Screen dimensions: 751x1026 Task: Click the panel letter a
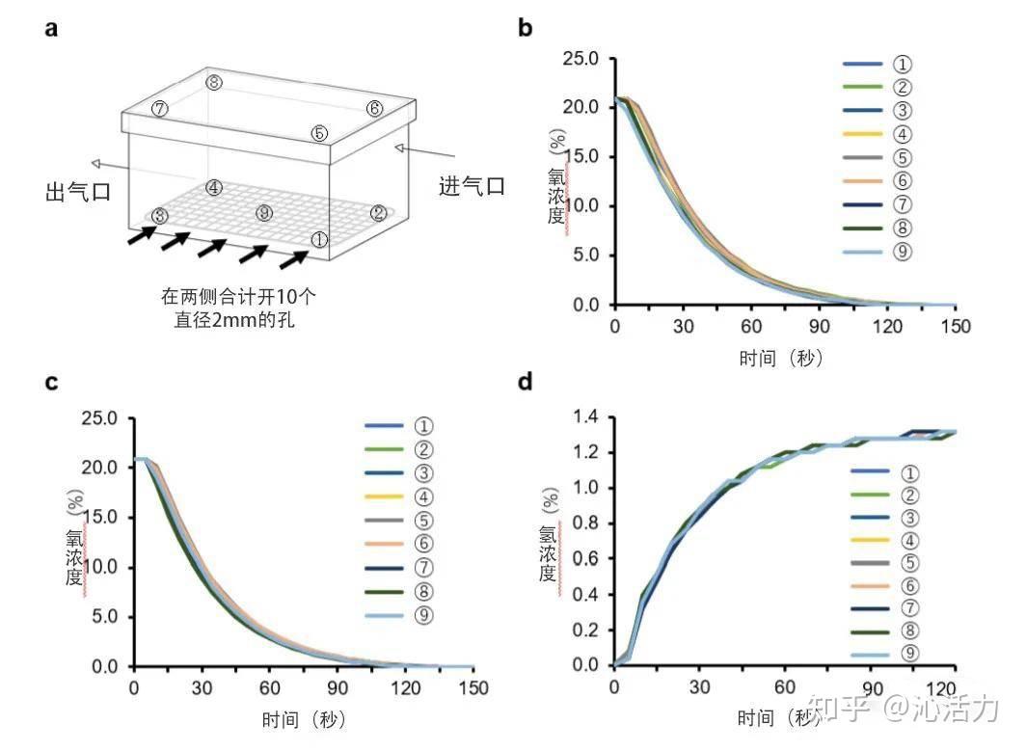[51, 28]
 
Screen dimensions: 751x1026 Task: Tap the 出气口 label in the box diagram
[77, 191]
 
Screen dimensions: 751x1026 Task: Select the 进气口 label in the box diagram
[472, 186]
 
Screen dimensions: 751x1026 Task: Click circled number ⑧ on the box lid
[214, 83]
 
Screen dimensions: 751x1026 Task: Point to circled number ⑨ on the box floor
[264, 212]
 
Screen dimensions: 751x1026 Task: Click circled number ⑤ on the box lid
[320, 133]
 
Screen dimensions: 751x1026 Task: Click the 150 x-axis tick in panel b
[956, 325]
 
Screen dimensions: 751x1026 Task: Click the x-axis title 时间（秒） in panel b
[781, 359]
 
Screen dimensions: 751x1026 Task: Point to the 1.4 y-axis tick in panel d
[585, 417]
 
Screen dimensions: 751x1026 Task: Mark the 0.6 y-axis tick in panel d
[585, 559]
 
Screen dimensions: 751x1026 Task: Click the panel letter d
[526, 382]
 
